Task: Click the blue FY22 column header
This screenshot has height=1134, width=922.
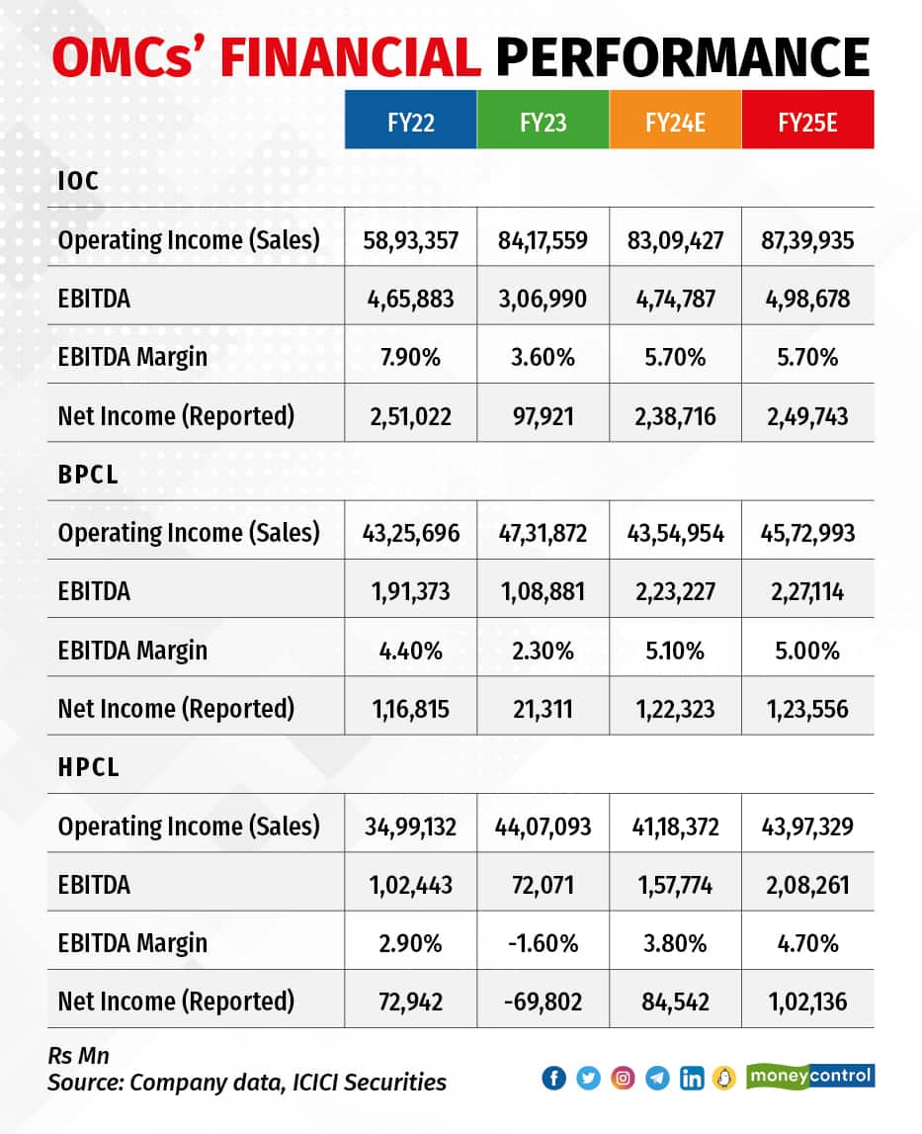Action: [410, 120]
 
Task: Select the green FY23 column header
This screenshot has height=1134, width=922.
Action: [543, 120]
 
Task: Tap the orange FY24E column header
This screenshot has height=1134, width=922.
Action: [675, 120]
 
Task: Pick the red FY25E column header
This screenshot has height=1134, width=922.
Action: [807, 120]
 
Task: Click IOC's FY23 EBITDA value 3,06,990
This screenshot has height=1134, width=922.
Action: [543, 298]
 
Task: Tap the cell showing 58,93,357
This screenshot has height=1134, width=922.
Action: [410, 239]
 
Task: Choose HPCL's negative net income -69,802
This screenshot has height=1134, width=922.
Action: [543, 1001]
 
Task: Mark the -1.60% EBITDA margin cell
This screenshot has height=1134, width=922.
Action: [543, 942]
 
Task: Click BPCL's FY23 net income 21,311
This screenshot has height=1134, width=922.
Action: [543, 708]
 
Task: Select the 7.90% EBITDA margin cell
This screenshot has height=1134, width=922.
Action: [410, 356]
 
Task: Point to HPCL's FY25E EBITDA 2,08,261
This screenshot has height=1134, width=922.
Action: [807, 884]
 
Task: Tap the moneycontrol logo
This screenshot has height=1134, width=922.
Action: [811, 1075]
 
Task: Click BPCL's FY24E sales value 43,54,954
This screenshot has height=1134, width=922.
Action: [675, 533]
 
